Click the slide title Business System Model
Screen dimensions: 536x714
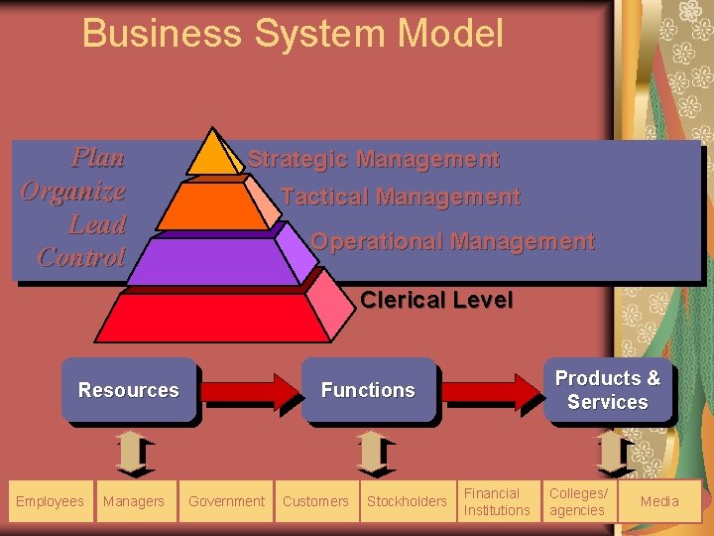(293, 33)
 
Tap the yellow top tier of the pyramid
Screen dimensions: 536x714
(211, 154)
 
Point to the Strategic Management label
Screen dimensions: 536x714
(373, 159)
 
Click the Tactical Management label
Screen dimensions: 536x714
(401, 197)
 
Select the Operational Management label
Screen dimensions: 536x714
(452, 241)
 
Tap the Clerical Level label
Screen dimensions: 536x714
(436, 300)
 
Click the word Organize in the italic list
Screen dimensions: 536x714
(73, 191)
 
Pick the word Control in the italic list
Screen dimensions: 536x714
(81, 257)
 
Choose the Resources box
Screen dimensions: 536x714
(129, 390)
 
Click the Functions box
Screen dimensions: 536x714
(368, 390)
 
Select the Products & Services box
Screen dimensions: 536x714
(607, 390)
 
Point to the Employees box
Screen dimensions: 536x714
(50, 501)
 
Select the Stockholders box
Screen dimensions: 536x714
(407, 501)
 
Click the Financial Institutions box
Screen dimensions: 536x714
(497, 501)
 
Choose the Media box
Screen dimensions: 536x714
(659, 501)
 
